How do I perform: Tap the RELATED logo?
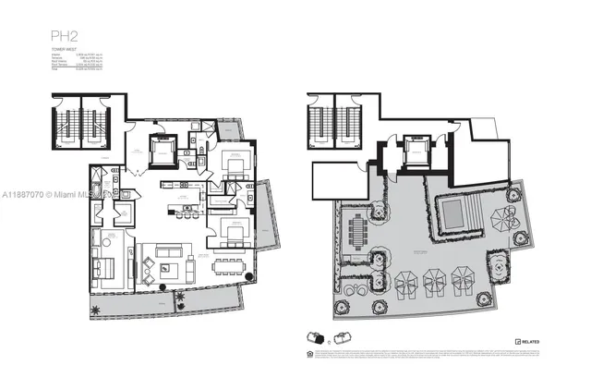[526, 342]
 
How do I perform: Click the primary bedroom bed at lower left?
[105, 268]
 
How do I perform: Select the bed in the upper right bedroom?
[235, 167]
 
